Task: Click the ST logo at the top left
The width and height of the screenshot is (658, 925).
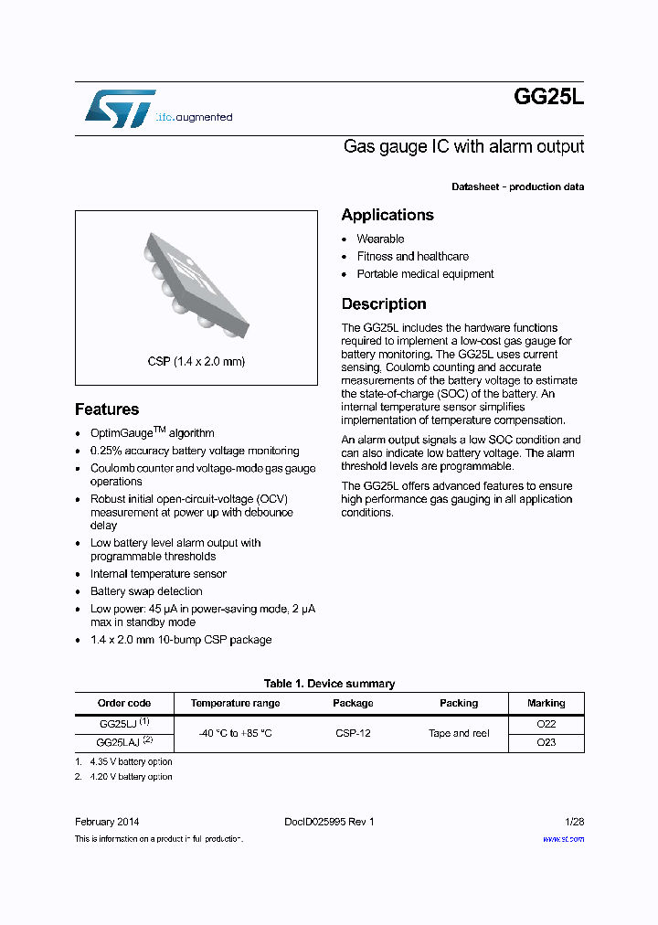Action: tap(120, 109)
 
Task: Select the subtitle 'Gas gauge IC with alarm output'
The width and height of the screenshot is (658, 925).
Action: tap(463, 146)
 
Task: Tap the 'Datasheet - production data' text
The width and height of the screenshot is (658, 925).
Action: tap(517, 187)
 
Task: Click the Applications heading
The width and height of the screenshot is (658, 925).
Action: tap(387, 215)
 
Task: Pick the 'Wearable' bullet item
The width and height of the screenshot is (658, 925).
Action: tap(380, 239)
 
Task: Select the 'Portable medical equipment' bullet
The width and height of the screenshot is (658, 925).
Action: tap(425, 274)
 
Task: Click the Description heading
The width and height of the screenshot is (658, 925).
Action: tap(384, 304)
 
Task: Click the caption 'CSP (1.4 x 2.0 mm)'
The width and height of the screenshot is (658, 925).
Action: tap(196, 362)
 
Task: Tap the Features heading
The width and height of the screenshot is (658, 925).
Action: tap(107, 409)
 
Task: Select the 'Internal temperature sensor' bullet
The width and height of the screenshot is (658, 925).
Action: tap(158, 574)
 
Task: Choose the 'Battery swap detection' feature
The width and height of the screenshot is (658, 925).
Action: tap(146, 591)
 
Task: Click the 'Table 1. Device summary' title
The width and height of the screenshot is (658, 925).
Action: tap(329, 684)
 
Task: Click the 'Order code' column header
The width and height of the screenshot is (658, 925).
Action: tap(124, 704)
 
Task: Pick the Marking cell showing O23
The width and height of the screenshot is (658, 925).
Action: tap(546, 743)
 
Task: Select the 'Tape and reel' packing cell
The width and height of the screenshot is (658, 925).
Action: tap(459, 733)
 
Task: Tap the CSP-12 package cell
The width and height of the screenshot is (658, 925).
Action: tap(353, 733)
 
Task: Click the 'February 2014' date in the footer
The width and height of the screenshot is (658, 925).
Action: tap(107, 822)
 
